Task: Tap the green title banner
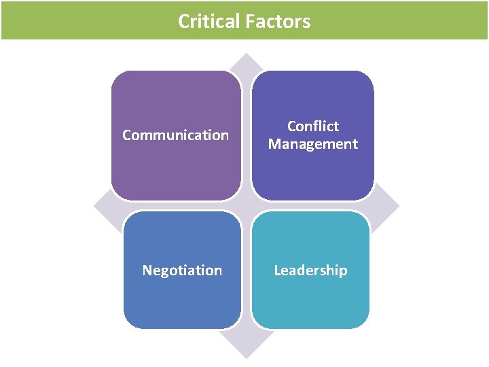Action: [407, 20]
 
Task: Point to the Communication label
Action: [175, 135]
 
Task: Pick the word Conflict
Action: [312, 126]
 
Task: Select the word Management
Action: [312, 144]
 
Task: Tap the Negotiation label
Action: [182, 270]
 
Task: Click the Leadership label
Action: [310, 270]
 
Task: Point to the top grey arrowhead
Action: [246, 63]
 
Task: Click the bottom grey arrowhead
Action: [246, 347]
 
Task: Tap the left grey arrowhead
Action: [102, 206]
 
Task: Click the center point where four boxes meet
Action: [246, 206]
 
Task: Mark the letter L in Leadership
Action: [277, 270]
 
